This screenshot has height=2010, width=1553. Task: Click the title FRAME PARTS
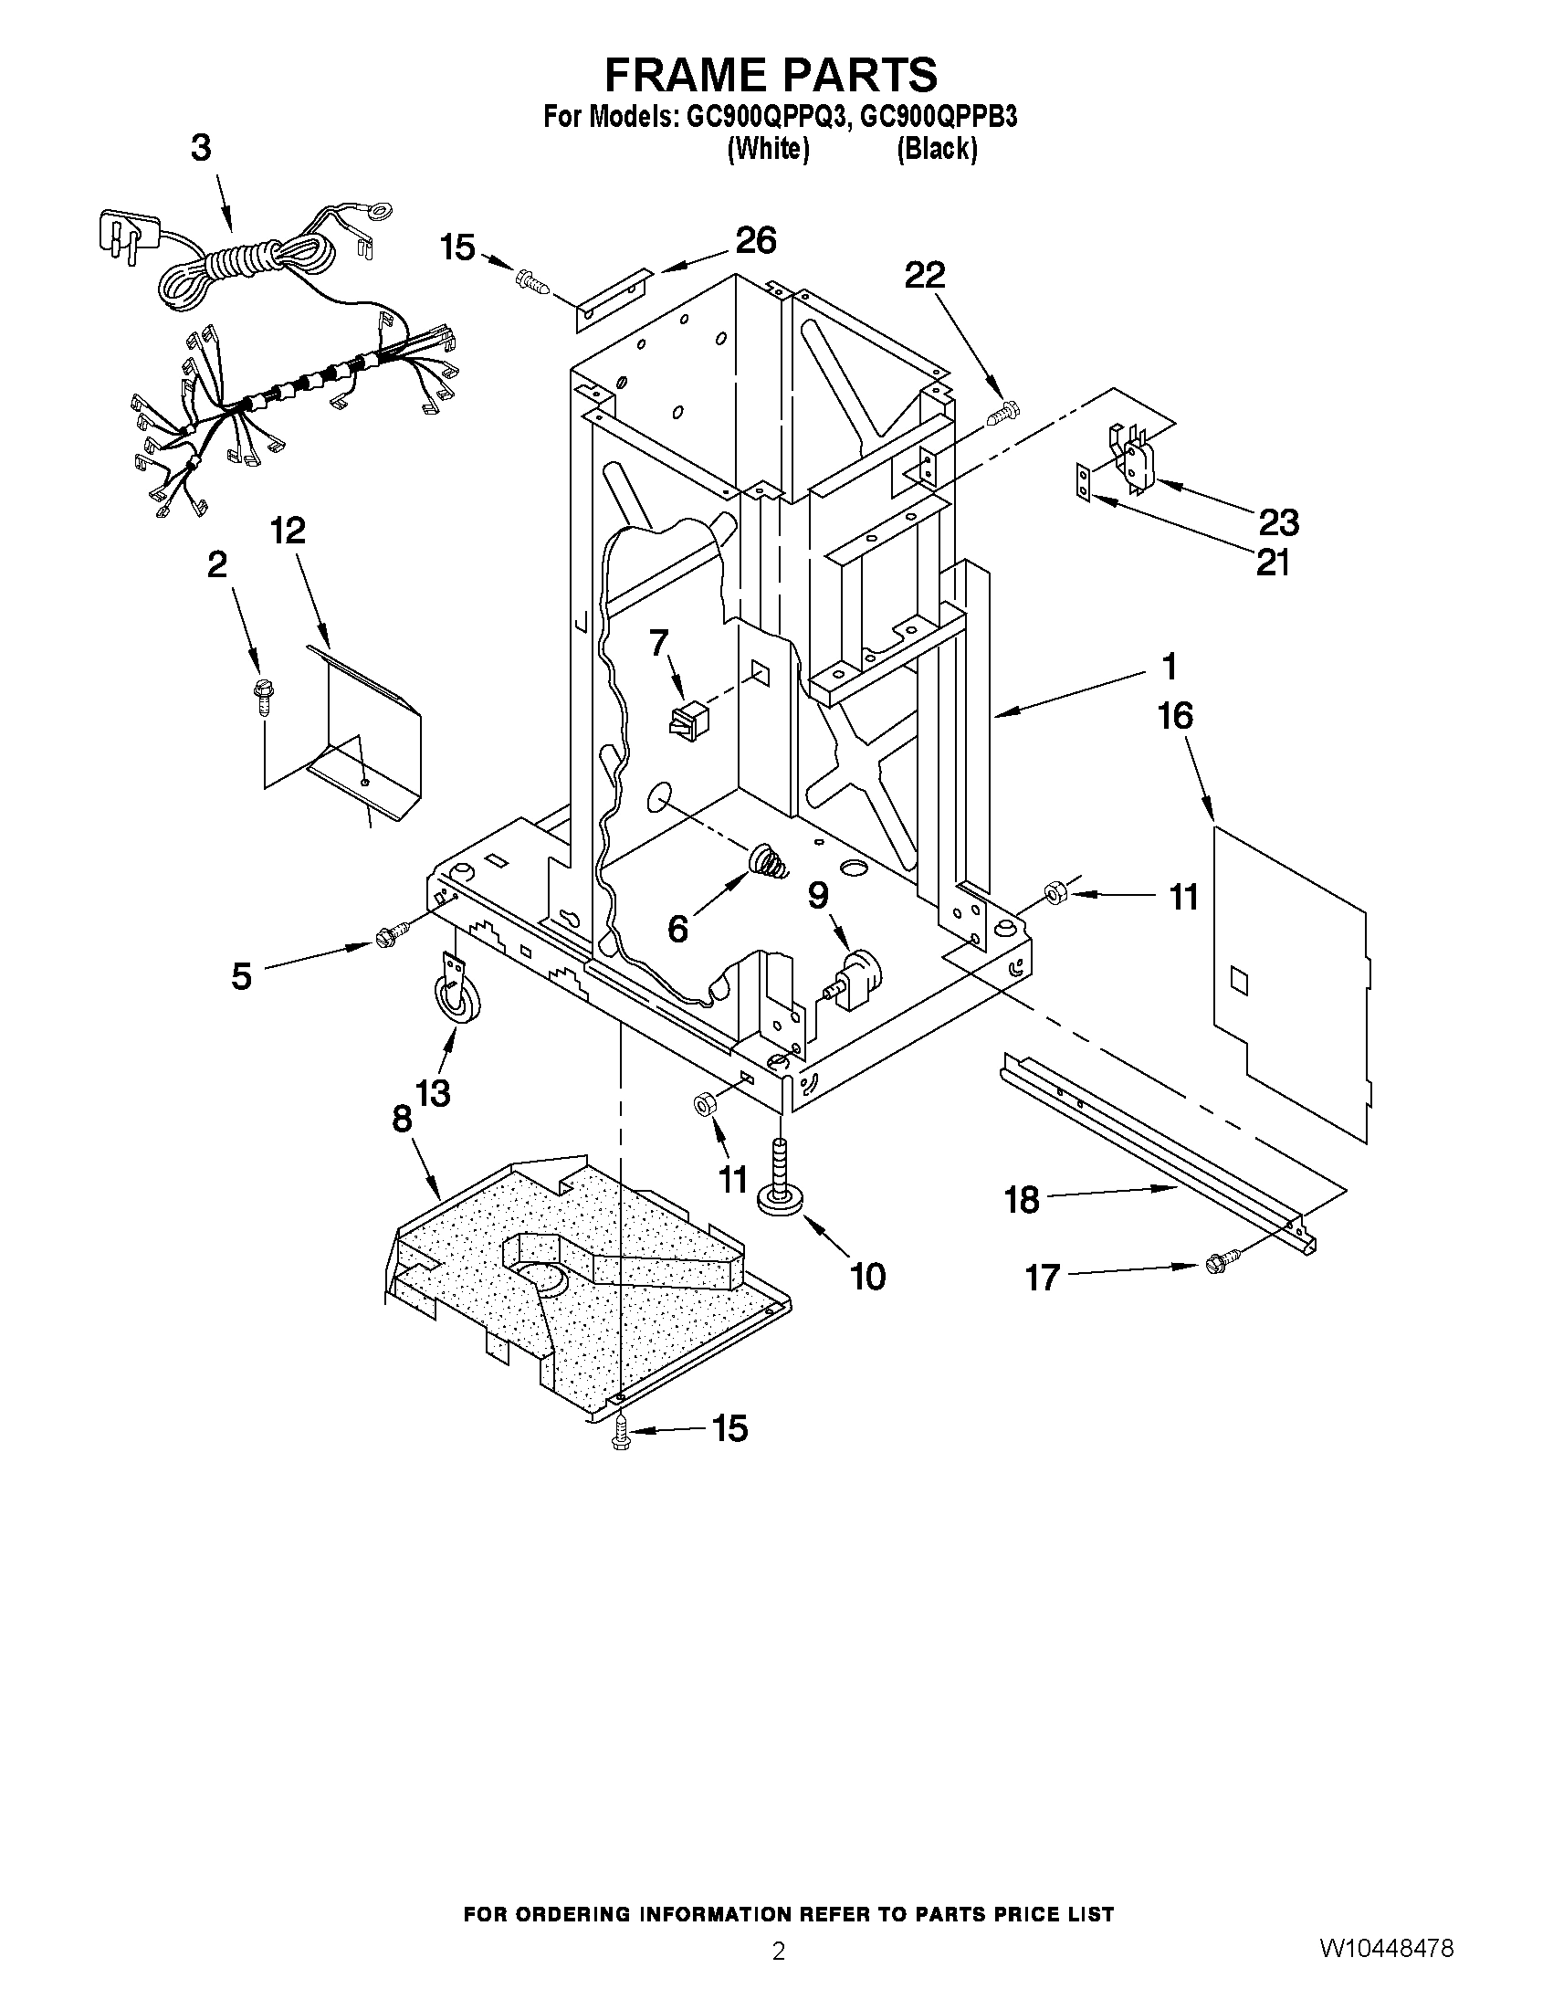(771, 75)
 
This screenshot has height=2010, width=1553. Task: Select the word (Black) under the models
(937, 148)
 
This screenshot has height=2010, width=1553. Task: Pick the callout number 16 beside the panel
(1175, 715)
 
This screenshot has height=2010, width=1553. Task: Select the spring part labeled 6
(768, 861)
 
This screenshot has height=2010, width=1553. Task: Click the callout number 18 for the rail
(1023, 1200)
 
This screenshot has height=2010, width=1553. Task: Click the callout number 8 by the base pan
(401, 1118)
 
